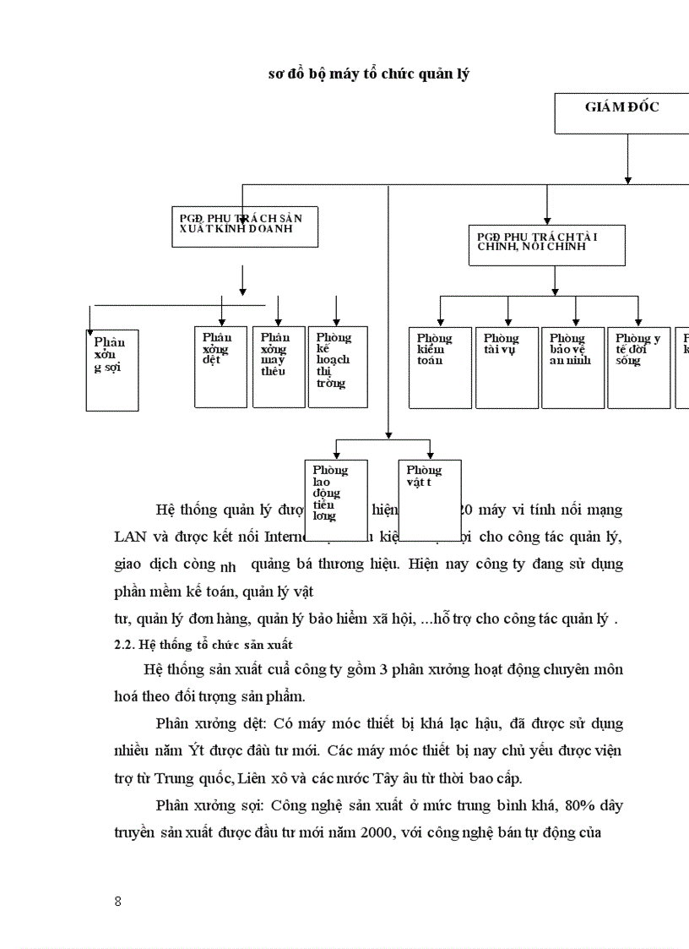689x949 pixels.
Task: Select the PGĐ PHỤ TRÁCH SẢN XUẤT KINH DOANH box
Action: click(x=245, y=226)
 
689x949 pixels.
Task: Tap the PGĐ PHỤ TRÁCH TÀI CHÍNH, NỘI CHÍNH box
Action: click(x=546, y=245)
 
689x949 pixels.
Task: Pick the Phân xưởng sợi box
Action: click(x=112, y=370)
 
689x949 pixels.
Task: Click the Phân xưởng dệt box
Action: click(x=220, y=366)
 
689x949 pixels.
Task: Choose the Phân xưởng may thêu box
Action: click(x=279, y=366)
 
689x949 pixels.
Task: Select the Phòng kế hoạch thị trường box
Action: click(x=337, y=366)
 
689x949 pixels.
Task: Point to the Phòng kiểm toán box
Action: click(x=440, y=368)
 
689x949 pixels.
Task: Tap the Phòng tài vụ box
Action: click(x=507, y=368)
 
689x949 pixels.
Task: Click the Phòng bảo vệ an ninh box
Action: click(x=572, y=368)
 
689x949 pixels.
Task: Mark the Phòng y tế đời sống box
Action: click(x=639, y=368)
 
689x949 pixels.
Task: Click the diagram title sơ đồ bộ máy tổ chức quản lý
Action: click(x=369, y=74)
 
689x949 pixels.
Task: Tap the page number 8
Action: click(x=118, y=901)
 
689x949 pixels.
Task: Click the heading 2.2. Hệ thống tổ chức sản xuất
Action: click(x=197, y=644)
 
